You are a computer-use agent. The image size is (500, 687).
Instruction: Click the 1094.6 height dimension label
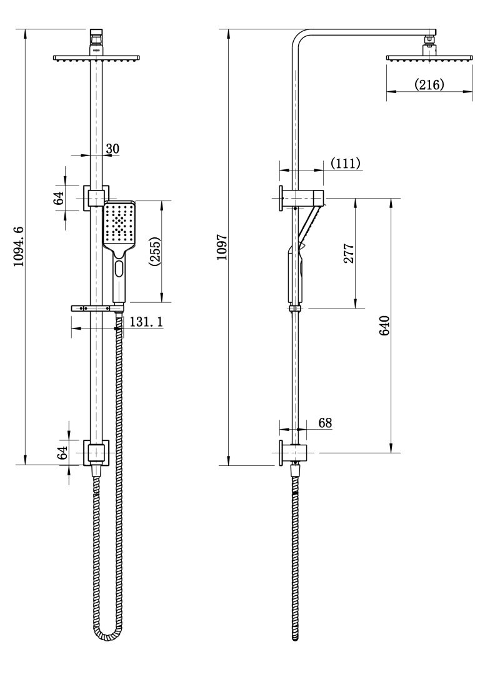point(18,247)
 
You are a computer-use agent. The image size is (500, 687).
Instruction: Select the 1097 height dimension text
point(222,247)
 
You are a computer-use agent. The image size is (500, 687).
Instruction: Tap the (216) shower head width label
point(429,84)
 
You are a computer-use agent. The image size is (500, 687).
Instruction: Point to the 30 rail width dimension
point(112,149)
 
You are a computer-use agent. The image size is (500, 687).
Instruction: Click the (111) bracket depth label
point(346,163)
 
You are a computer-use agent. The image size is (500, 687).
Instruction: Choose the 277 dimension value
point(349,253)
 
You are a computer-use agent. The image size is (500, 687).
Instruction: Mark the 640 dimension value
point(384,325)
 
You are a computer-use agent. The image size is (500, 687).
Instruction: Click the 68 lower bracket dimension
point(326,423)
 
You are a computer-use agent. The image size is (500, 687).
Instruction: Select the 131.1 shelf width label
point(146,322)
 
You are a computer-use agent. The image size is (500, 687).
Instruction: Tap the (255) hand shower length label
point(155,252)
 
